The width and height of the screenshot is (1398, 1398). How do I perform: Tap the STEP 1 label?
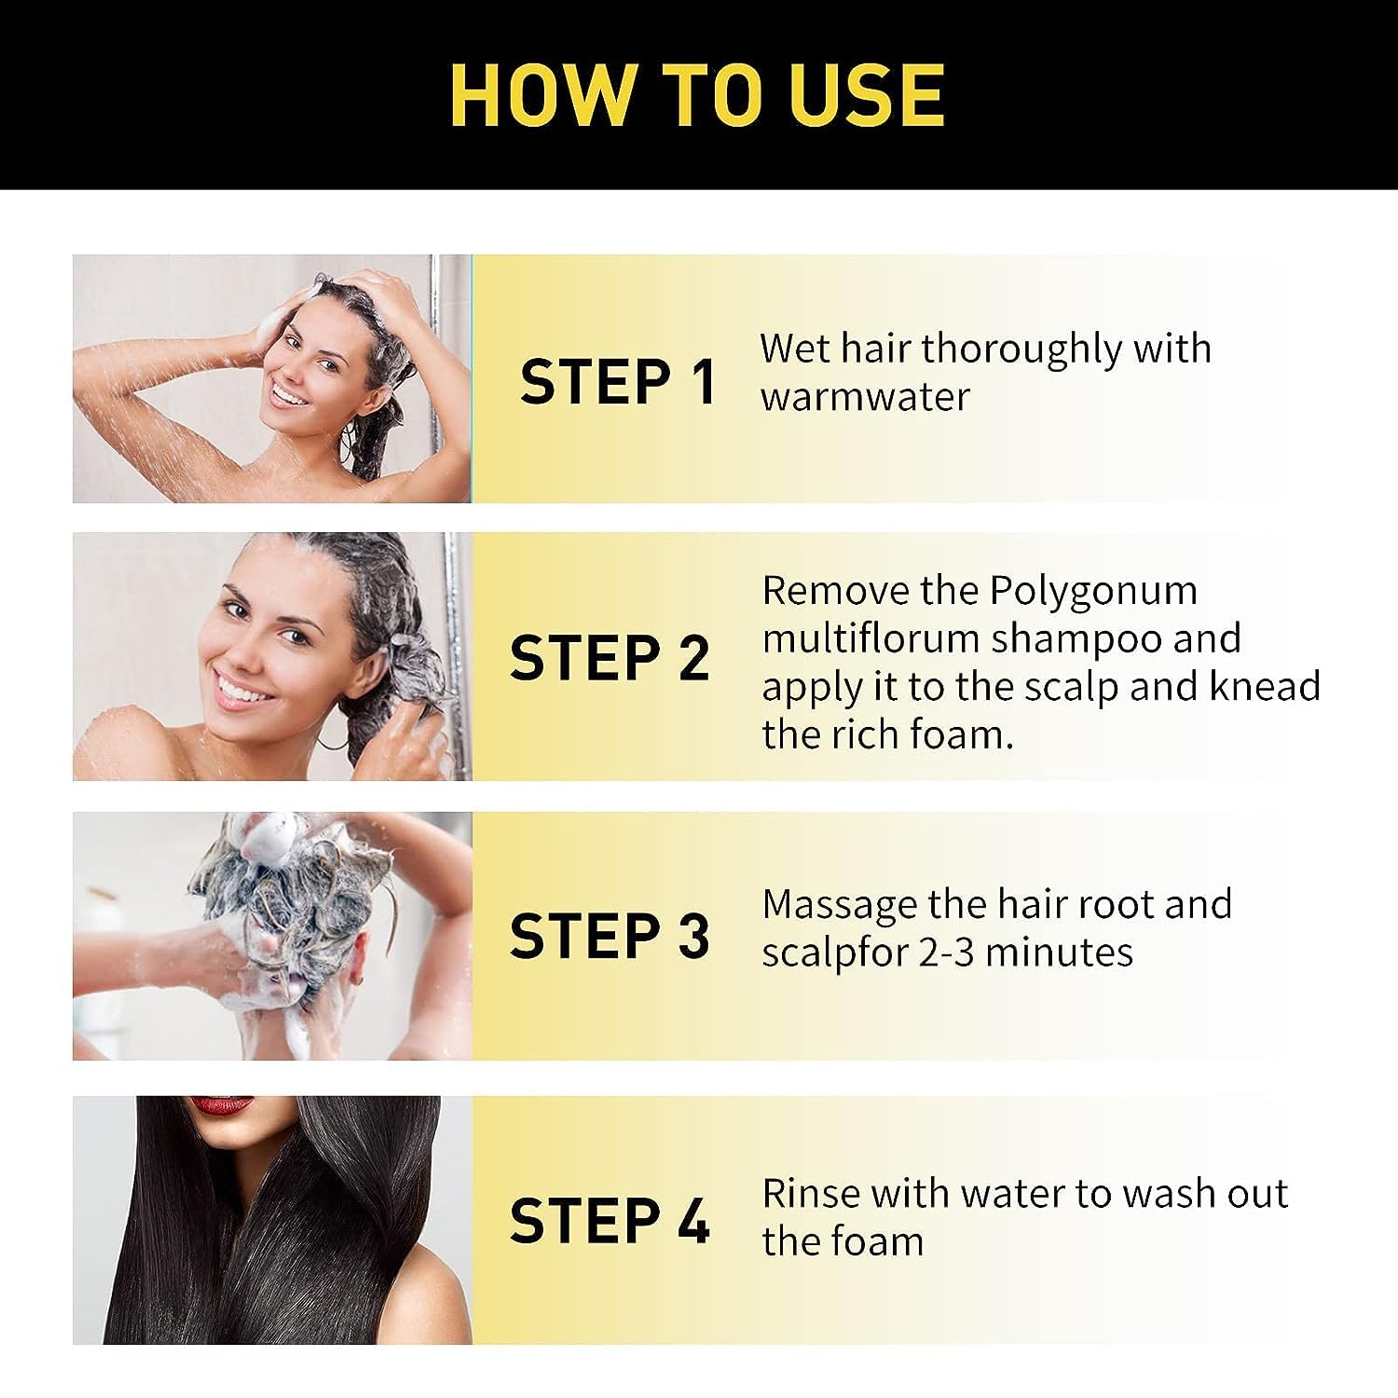(x=618, y=382)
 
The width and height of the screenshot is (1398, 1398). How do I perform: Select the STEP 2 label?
(x=610, y=658)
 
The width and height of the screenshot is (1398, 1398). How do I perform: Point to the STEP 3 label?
(x=610, y=936)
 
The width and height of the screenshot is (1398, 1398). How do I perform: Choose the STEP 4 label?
(x=610, y=1221)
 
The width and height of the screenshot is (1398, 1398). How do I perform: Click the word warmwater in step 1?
(x=865, y=397)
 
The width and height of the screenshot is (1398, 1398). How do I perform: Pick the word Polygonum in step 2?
(x=1093, y=592)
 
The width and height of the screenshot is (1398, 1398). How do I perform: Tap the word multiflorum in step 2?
(x=870, y=639)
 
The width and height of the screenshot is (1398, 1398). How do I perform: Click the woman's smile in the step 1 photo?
(x=290, y=396)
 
